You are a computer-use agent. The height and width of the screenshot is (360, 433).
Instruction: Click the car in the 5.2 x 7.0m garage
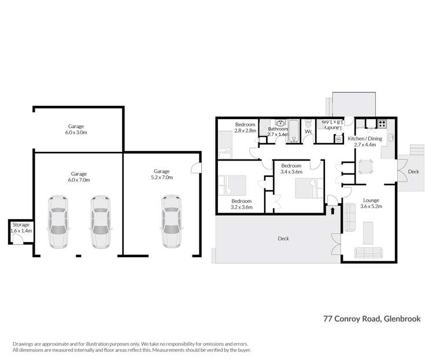172,222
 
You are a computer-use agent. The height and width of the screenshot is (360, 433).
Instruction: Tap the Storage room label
21,227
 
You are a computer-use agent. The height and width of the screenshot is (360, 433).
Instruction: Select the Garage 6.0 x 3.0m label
77,129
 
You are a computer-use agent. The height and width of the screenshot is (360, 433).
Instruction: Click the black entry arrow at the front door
333,211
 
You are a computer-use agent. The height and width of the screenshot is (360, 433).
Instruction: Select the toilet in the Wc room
308,124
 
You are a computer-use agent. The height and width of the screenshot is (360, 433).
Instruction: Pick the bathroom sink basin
281,123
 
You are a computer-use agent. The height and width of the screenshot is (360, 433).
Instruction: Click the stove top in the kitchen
382,124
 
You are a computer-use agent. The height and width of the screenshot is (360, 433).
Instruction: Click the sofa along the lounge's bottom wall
368,253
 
